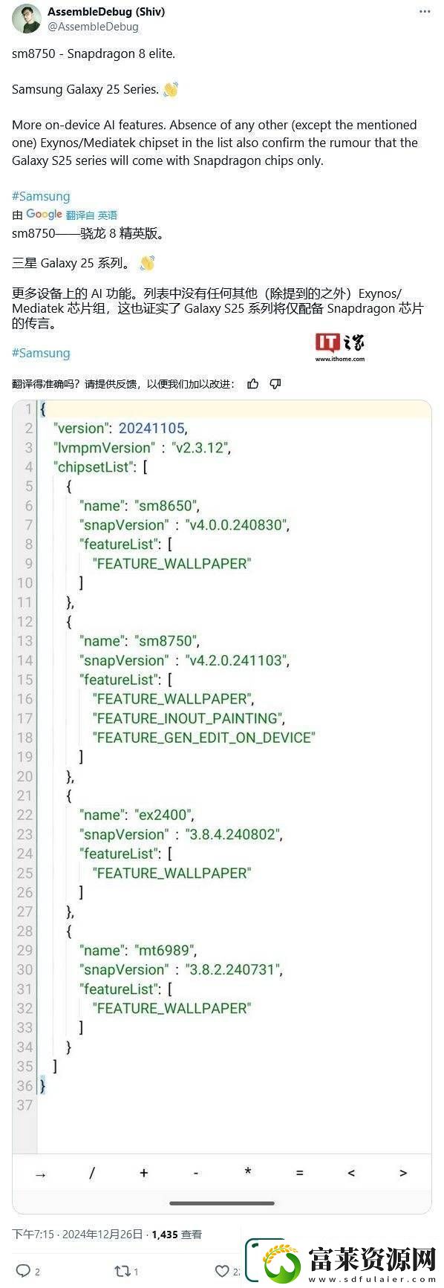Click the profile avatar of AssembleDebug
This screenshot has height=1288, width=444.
27,19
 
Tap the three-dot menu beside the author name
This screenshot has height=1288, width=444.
425,12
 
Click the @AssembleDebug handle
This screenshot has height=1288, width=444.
93,27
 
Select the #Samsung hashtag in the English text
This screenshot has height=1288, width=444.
41,196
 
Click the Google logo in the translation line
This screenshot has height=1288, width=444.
44,215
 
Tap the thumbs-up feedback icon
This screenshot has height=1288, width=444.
253,384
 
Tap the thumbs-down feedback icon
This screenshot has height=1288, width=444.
275,384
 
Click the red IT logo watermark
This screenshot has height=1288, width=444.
327,342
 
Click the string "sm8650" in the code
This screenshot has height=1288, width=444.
167,506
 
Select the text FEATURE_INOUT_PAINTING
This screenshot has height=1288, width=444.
187,718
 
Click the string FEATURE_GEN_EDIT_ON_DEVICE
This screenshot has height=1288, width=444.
204,738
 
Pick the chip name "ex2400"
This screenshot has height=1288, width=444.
165,815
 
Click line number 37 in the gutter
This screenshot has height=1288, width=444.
25,1105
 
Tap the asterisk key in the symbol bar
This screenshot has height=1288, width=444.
248,1171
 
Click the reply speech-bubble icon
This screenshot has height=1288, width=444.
23,1271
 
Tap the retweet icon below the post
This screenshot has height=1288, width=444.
122,1271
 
